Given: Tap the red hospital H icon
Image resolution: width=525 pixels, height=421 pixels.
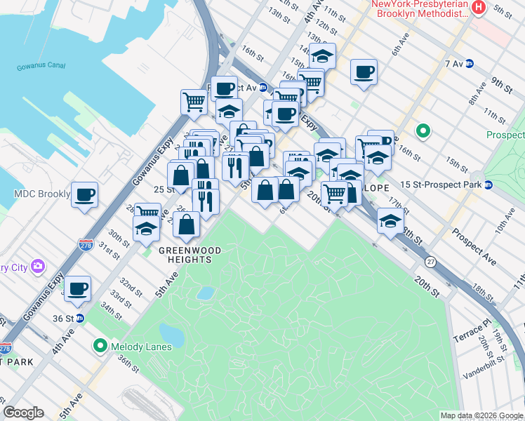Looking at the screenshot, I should pyautogui.click(x=479, y=8).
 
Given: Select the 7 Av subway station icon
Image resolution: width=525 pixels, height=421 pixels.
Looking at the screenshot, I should pyautogui.click(x=470, y=63).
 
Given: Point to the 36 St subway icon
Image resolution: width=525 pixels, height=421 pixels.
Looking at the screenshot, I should pyautogui.click(x=80, y=318).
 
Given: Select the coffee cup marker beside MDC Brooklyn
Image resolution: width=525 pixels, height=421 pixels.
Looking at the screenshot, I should pyautogui.click(x=84, y=194).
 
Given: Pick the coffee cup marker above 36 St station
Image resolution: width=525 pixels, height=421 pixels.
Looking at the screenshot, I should pyautogui.click(x=78, y=287).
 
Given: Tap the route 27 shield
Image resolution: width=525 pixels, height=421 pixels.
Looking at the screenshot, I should pyautogui.click(x=430, y=261).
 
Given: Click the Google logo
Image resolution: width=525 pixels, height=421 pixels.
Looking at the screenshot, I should pyautogui.click(x=23, y=413).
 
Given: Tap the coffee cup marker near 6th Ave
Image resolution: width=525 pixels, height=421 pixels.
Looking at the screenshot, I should pyautogui.click(x=364, y=72).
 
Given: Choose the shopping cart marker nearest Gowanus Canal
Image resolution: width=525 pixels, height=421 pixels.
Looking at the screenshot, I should pyautogui.click(x=194, y=101).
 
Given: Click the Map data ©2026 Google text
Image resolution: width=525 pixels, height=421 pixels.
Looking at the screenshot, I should pyautogui.click(x=481, y=415).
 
